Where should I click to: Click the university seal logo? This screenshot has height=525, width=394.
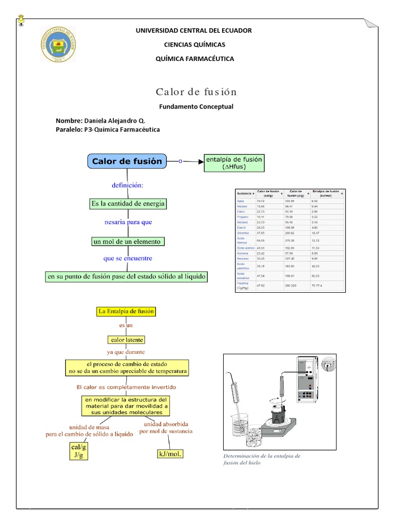57,45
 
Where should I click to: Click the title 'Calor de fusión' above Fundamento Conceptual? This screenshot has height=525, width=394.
196,92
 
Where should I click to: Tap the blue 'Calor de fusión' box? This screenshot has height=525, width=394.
127,161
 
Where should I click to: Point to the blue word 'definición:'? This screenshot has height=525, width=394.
128,185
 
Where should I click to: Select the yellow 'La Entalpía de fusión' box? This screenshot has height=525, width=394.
126,311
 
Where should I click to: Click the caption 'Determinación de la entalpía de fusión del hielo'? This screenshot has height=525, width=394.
262,459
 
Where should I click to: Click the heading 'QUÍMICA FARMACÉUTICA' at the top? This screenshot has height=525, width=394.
194,58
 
